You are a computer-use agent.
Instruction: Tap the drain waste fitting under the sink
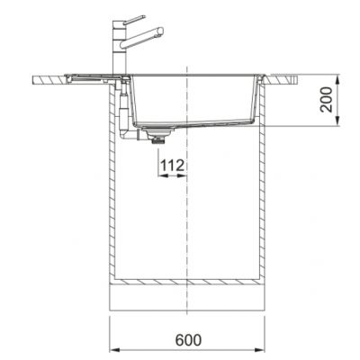160,137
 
